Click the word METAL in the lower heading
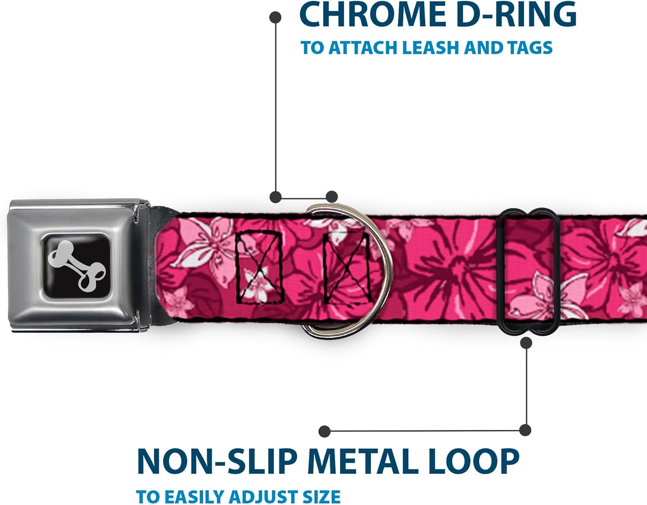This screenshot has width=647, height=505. pyautogui.click(x=362, y=462)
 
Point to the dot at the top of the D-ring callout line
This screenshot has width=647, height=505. pyautogui.click(x=275, y=18)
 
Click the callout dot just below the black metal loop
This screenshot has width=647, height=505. pyautogui.click(x=526, y=343)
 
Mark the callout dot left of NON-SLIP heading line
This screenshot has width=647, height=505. pyautogui.click(x=324, y=431)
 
